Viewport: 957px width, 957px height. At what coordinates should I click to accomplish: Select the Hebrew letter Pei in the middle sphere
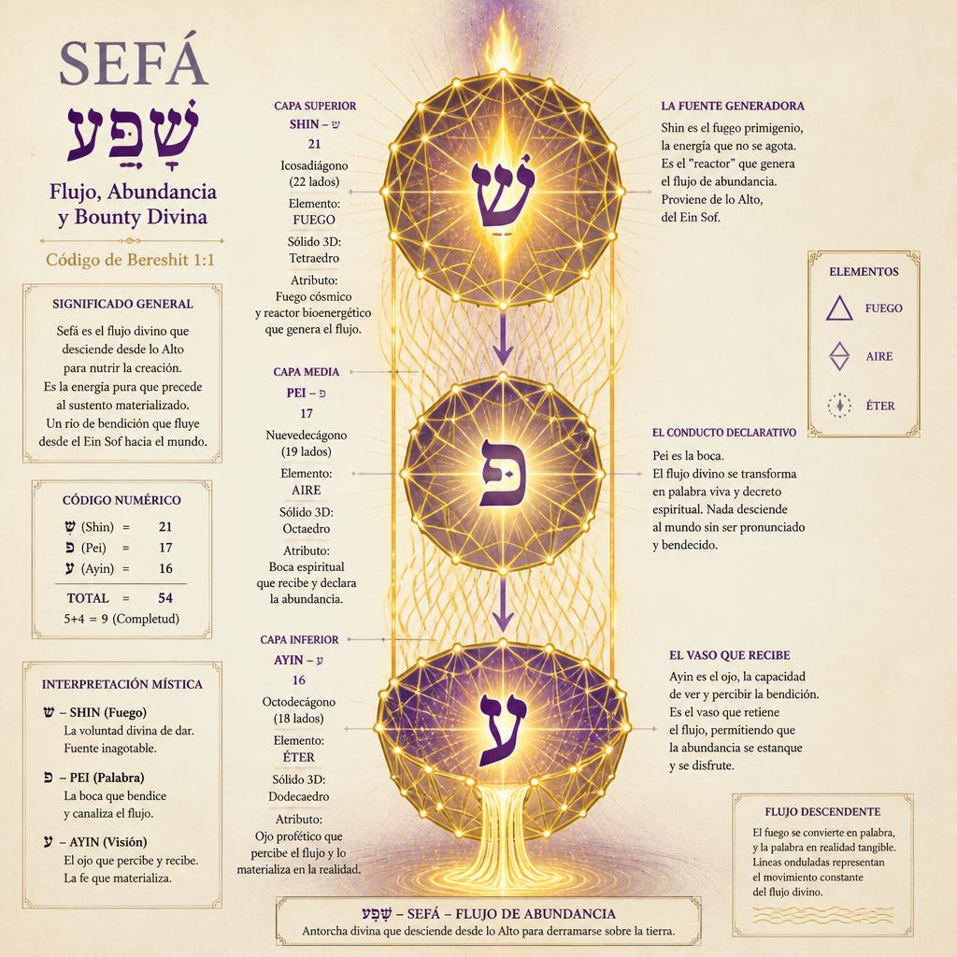(502, 473)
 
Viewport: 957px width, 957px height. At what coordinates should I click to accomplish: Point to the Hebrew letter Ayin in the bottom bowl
(503, 730)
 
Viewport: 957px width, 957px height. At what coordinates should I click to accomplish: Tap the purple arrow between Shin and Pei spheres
(502, 339)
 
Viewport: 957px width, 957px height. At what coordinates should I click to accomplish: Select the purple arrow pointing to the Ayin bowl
(502, 605)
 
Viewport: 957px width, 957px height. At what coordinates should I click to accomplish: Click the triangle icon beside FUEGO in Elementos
(839, 308)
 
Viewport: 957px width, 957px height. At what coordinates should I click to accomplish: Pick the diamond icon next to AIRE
(839, 356)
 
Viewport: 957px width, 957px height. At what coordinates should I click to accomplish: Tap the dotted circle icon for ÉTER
(839, 406)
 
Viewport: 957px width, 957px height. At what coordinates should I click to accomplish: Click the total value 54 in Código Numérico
(165, 598)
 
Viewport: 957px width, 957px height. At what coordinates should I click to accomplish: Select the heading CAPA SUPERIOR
(315, 106)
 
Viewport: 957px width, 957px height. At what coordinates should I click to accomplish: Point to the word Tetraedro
(314, 258)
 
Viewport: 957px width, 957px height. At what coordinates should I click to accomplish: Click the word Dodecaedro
(299, 796)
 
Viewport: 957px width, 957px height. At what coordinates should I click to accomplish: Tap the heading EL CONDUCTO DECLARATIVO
(724, 433)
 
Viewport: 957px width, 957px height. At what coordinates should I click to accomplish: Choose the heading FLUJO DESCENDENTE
(822, 812)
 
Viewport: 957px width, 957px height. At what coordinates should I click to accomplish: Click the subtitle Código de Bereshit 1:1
(130, 260)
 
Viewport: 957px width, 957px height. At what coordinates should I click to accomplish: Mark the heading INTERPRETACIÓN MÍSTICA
(122, 684)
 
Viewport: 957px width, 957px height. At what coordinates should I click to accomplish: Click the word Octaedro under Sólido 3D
(307, 529)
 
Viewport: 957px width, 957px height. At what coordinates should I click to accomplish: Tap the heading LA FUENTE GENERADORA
(733, 106)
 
